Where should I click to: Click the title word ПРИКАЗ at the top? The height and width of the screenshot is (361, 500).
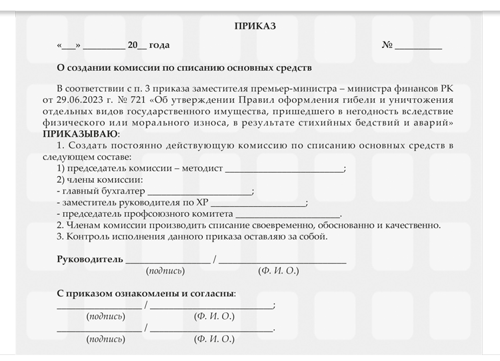(255, 26)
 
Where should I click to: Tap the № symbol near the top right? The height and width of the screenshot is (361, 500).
(387, 45)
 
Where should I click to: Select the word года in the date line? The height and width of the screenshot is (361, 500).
(159, 45)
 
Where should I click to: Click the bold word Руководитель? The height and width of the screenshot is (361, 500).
(90, 259)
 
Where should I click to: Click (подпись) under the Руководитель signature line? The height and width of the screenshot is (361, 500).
(165, 271)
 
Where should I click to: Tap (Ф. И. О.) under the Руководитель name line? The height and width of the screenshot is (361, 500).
(279, 271)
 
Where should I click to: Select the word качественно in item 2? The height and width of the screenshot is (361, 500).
(411, 226)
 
